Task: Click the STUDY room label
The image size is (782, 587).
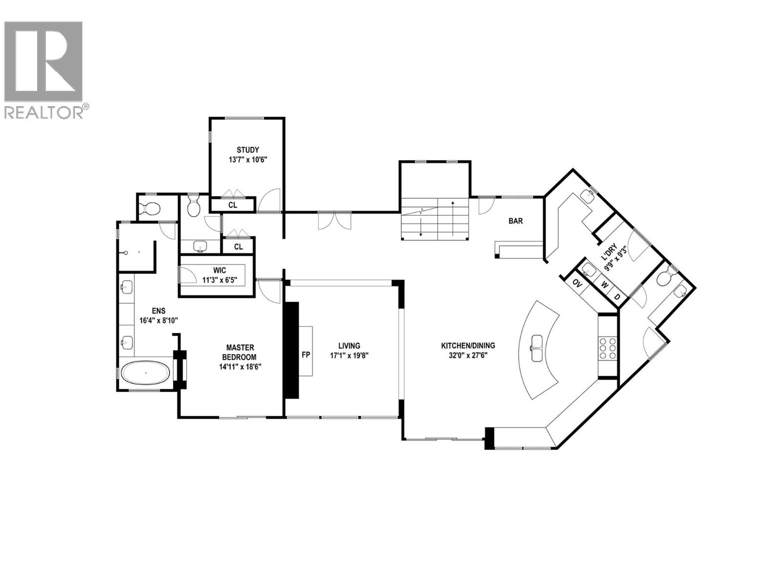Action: point(248,150)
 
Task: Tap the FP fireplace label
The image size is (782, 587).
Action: point(306,355)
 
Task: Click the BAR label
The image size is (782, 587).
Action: point(516,221)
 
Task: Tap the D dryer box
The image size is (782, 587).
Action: point(617,297)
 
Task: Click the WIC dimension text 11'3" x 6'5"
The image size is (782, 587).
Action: point(219,280)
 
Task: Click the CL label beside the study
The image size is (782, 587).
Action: point(233,205)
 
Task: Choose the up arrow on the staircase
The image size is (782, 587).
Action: point(453,215)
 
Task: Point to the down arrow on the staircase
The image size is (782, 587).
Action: point(421,228)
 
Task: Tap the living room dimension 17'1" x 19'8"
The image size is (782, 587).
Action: point(349,356)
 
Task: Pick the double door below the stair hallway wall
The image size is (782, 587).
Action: point(334,221)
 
